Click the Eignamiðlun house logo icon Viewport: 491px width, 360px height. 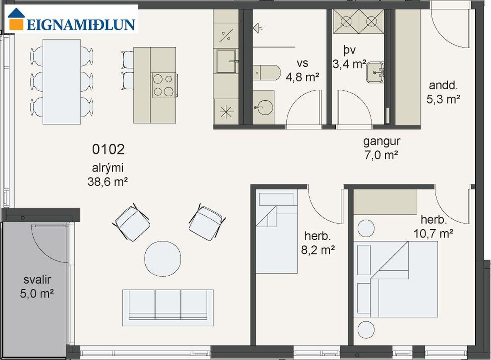click(x=16, y=20)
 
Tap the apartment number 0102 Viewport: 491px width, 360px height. click(x=108, y=149)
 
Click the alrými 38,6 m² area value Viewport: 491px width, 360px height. click(x=107, y=182)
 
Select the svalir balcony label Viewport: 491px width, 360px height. click(x=37, y=280)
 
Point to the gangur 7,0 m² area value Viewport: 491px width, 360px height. click(x=381, y=155)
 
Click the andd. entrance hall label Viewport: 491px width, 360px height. click(x=443, y=85)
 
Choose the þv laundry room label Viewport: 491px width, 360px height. click(x=349, y=50)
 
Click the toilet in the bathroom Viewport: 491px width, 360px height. click(x=266, y=73)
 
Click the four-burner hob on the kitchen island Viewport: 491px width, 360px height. click(x=164, y=85)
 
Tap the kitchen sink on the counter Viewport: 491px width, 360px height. click(x=226, y=61)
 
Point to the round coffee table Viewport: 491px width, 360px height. click(x=163, y=259)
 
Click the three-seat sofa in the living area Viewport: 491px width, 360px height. click(x=168, y=308)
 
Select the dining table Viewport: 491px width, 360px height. click(x=62, y=82)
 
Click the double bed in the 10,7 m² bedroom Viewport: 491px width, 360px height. click(x=404, y=279)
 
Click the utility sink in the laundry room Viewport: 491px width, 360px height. click(x=375, y=72)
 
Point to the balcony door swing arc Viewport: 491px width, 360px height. click(x=50, y=245)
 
